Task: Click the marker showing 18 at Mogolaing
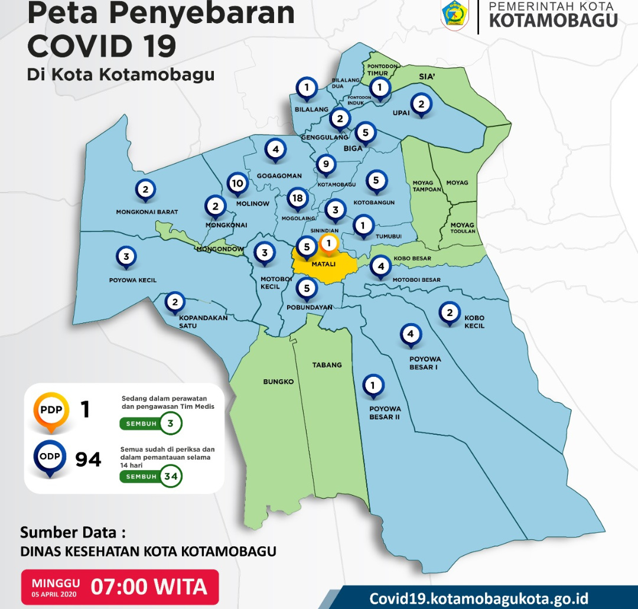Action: pyautogui.click(x=298, y=199)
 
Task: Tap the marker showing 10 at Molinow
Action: pyautogui.click(x=237, y=184)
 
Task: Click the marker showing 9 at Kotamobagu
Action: pyautogui.click(x=325, y=164)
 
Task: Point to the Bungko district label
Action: pyautogui.click(x=278, y=382)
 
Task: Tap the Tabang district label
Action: pyautogui.click(x=327, y=365)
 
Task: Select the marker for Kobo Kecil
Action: pyautogui.click(x=450, y=314)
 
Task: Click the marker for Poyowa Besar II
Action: pyautogui.click(x=373, y=386)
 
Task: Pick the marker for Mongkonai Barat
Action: pyautogui.click(x=145, y=190)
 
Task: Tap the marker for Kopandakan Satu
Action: pyautogui.click(x=175, y=302)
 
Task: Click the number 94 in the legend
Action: pyautogui.click(x=89, y=459)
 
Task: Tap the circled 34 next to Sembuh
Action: pyautogui.click(x=171, y=476)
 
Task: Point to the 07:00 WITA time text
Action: pyautogui.click(x=149, y=587)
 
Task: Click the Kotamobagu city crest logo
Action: pyautogui.click(x=455, y=15)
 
